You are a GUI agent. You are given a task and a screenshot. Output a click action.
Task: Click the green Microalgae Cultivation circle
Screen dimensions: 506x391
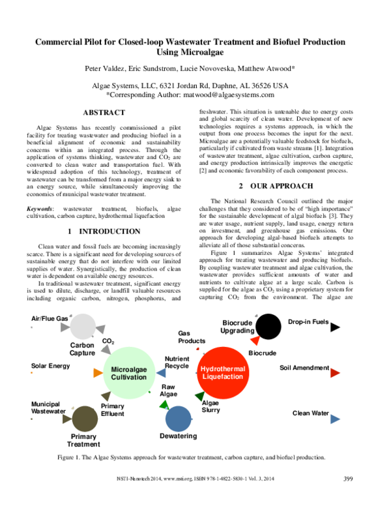pos(128,373)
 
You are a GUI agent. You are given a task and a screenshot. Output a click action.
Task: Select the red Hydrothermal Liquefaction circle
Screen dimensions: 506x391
pos(223,372)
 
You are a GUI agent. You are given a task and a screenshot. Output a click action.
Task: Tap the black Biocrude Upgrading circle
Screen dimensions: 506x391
pos(266,327)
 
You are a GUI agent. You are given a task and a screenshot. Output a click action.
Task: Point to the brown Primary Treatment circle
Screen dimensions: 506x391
pos(84,417)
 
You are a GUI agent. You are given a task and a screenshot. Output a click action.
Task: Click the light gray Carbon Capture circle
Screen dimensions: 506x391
pos(82,327)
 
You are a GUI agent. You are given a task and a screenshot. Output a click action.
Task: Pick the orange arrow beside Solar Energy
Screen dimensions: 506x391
pos(96,372)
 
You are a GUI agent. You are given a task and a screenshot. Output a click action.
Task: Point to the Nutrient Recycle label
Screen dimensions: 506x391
pos(177,363)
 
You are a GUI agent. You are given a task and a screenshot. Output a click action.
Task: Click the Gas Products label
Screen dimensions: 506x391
pos(192,337)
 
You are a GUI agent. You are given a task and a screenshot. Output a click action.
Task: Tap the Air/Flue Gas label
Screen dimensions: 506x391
pos(50,319)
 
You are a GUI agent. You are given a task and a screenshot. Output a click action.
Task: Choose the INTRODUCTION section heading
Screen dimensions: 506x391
pos(104,231)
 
